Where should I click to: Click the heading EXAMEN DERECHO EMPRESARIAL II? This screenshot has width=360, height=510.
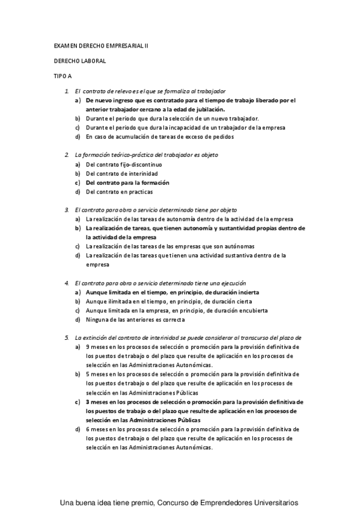[x=100, y=45]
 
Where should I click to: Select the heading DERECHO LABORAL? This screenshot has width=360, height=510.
[x=79, y=61]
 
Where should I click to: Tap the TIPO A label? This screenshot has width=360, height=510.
[x=63, y=76]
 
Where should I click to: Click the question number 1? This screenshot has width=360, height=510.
[x=66, y=91]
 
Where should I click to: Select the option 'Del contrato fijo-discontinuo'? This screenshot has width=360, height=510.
[x=124, y=164]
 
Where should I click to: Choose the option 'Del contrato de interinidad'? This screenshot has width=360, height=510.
[x=122, y=173]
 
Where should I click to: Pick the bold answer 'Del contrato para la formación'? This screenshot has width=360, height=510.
[x=127, y=182]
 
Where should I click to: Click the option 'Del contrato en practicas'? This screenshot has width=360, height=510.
[x=119, y=192]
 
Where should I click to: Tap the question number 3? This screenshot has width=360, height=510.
[x=66, y=210]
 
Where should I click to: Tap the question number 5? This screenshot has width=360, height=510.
[x=66, y=337]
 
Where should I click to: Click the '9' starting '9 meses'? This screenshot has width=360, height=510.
[x=88, y=347]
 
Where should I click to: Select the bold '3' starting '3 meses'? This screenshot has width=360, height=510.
[x=88, y=401]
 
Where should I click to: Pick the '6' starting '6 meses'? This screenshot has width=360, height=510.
[x=88, y=429]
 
